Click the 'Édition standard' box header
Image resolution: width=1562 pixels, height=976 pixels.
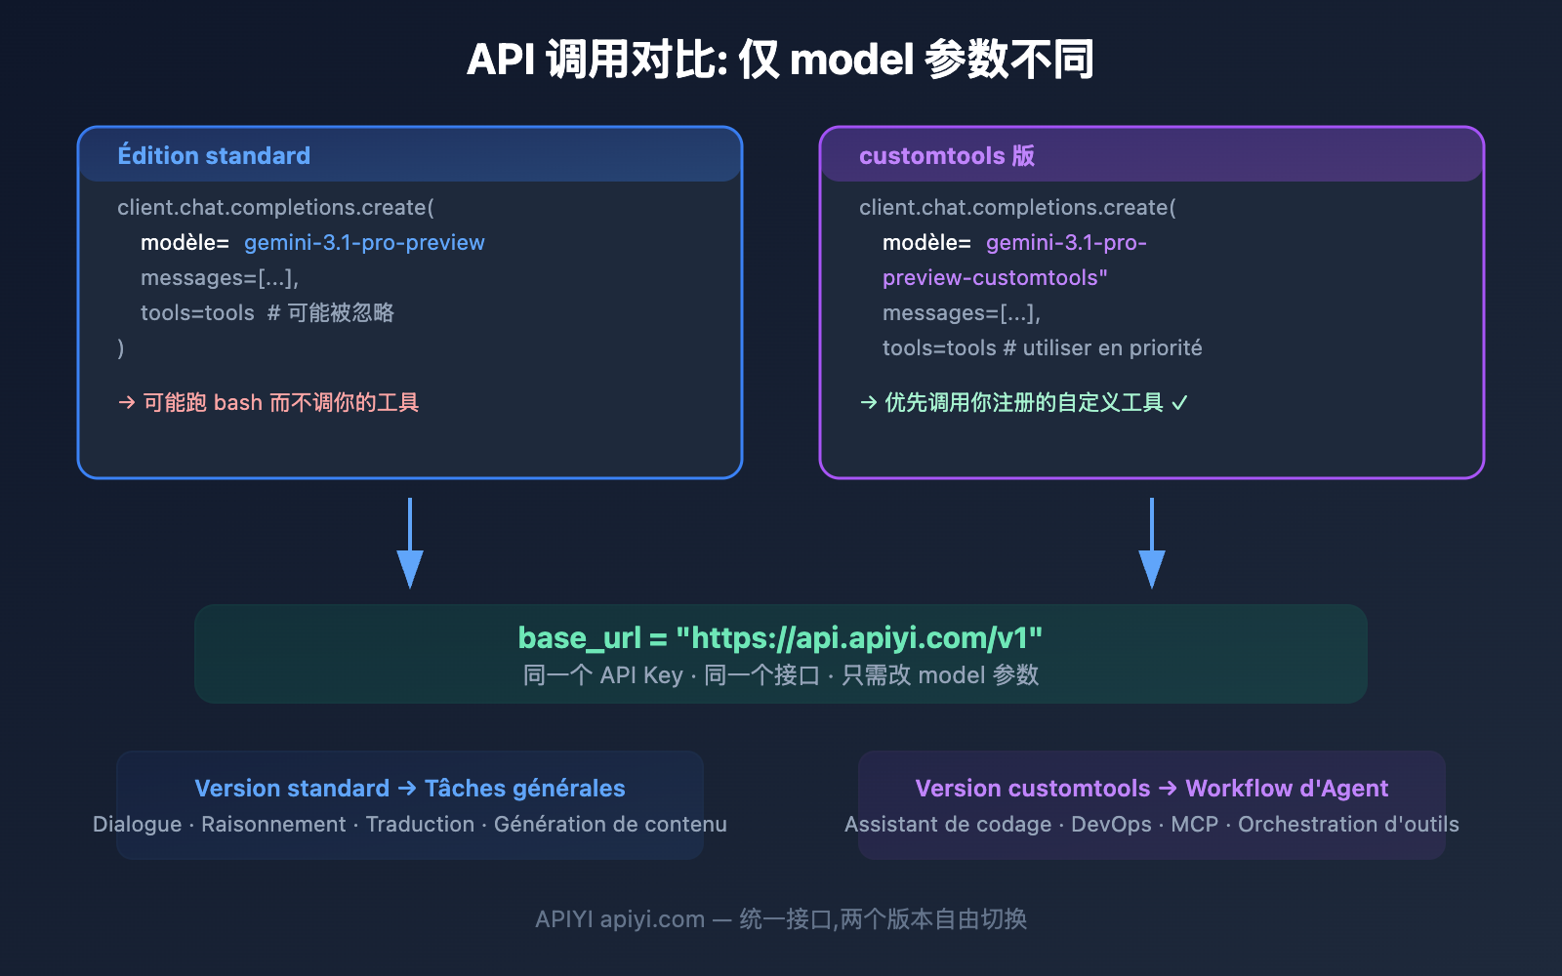coord(214,156)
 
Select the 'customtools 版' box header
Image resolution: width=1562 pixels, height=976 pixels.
coord(946,156)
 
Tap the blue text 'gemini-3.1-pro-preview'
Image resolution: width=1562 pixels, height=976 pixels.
coord(364,243)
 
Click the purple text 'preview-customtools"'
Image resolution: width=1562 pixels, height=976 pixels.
coord(995,278)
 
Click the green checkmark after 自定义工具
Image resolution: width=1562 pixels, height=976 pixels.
coord(1179,403)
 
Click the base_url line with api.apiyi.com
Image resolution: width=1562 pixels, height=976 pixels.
coord(780,637)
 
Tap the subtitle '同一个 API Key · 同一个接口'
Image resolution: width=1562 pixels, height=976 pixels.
coord(672,675)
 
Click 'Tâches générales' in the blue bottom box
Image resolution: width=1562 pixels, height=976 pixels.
coord(524,789)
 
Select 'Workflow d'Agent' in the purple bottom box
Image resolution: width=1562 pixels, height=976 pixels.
coord(1286,789)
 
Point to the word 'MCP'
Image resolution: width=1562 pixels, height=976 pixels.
coord(1194,825)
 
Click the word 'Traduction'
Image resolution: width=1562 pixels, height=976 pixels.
coord(420,825)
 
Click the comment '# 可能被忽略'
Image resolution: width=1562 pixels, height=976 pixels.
coord(330,313)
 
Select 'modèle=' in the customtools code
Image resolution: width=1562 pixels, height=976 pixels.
coord(926,243)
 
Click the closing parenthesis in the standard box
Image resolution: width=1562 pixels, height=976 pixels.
coord(121,348)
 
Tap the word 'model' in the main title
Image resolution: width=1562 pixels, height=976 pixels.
coord(851,61)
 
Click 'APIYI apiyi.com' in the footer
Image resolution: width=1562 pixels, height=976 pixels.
coord(619,919)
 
